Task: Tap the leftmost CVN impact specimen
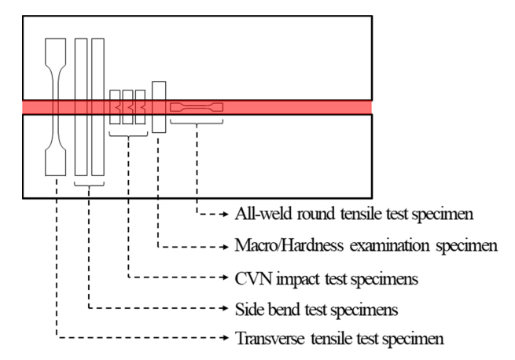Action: [116, 107]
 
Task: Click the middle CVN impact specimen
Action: [128, 107]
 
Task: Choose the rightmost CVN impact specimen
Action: [141, 107]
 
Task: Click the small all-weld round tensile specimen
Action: [197, 106]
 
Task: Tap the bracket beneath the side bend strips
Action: [89, 185]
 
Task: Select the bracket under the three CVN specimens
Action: [128, 136]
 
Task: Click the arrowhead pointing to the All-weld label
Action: [228, 213]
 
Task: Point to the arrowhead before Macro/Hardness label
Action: [228, 245]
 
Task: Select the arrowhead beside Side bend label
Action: [228, 308]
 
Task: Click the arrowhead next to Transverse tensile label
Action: [228, 340]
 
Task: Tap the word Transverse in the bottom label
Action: [268, 340]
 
